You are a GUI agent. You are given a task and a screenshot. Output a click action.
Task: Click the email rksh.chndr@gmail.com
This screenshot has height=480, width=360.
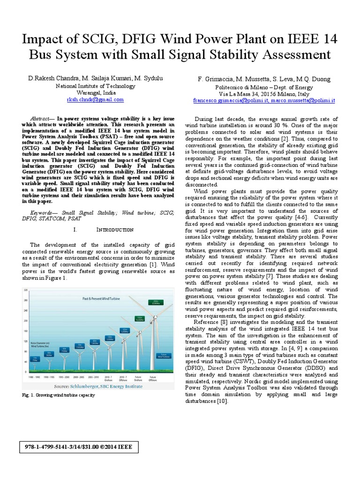point(95,100)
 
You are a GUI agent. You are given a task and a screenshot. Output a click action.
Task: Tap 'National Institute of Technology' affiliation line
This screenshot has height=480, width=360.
point(95,86)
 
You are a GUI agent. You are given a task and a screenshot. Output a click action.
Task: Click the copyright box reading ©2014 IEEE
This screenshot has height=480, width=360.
point(78,447)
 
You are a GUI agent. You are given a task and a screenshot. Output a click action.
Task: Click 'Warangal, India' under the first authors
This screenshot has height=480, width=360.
point(95,93)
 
